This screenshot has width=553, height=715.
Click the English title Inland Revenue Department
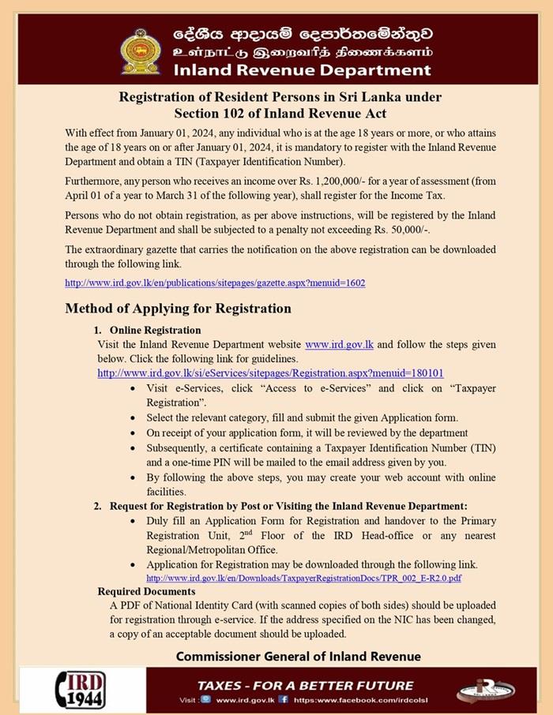(302, 70)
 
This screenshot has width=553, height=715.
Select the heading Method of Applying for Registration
(178, 308)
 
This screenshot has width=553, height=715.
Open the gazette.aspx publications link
(215, 282)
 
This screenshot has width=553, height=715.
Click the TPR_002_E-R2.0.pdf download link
(304, 578)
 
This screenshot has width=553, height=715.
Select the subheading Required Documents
(146, 591)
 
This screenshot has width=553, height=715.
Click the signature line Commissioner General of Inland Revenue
(298, 657)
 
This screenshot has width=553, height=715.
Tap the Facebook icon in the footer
(283, 699)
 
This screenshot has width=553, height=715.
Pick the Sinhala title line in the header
(303, 36)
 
